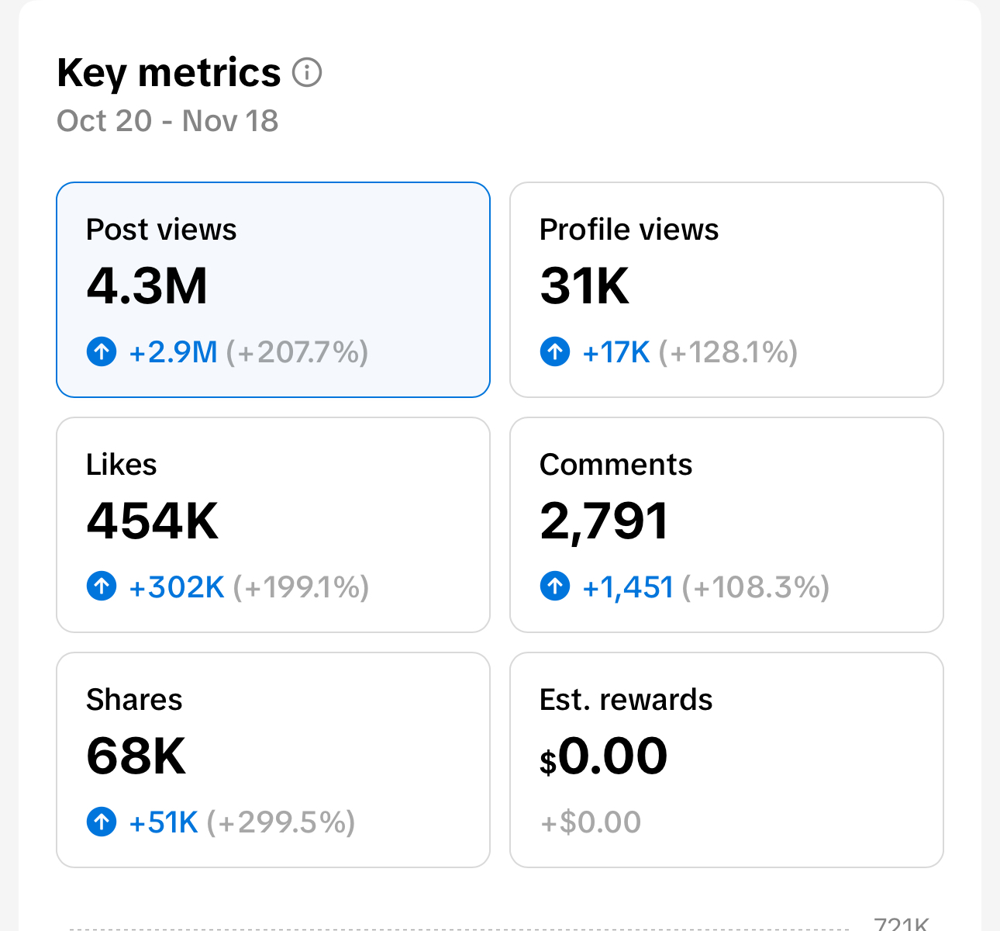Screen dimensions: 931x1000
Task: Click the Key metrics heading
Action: point(168,74)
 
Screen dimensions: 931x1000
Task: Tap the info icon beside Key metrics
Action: point(307,73)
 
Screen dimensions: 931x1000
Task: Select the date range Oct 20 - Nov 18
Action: point(167,121)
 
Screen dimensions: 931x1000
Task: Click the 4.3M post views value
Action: point(147,286)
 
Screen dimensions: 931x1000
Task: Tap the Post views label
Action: point(161,230)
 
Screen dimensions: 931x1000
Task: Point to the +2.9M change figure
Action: point(173,352)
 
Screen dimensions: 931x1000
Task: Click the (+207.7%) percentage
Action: point(297,352)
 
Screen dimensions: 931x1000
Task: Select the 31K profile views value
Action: point(584,286)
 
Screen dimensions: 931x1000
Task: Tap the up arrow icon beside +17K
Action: point(555,351)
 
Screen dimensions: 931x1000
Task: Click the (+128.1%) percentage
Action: point(728,352)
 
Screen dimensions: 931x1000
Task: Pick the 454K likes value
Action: point(153,521)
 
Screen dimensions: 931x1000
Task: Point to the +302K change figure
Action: point(177,587)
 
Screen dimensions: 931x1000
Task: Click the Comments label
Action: point(616,465)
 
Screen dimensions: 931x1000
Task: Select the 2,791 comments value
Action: point(604,521)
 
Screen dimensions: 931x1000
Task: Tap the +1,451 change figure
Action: point(628,587)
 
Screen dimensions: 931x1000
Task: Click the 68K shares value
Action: point(136,756)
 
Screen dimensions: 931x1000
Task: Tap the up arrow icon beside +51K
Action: point(102,822)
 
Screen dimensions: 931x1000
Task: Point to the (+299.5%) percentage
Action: point(281,822)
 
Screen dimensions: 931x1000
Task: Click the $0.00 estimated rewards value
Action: point(604,756)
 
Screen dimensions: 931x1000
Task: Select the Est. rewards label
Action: point(626,700)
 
